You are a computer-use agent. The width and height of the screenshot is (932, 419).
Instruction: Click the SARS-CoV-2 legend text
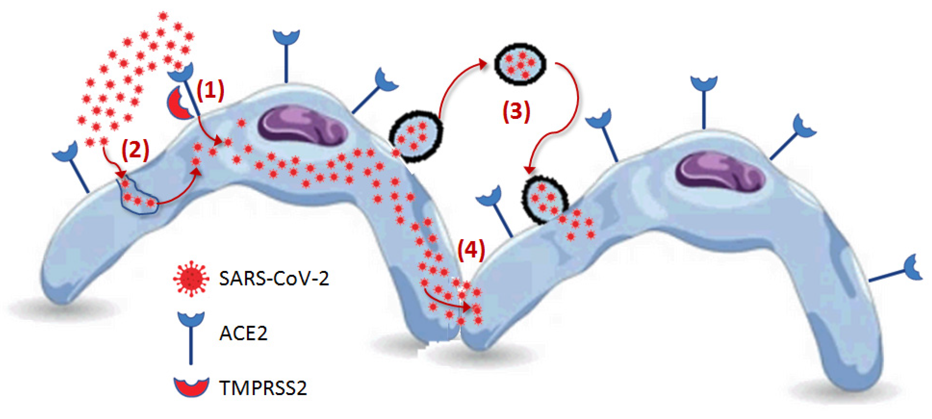pyautogui.click(x=274, y=279)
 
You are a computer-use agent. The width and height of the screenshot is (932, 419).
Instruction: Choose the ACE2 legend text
pyautogui.click(x=243, y=333)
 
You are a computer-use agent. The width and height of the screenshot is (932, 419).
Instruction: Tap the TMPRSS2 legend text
pyautogui.click(x=263, y=388)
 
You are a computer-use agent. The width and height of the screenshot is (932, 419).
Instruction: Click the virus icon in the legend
pyautogui.click(x=191, y=278)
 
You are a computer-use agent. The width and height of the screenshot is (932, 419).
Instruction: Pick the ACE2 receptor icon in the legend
pyautogui.click(x=191, y=336)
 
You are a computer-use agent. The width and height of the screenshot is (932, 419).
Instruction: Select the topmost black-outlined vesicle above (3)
pyautogui.click(x=520, y=64)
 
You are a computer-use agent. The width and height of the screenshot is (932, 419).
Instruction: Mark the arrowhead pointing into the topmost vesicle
pyautogui.click(x=483, y=64)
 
